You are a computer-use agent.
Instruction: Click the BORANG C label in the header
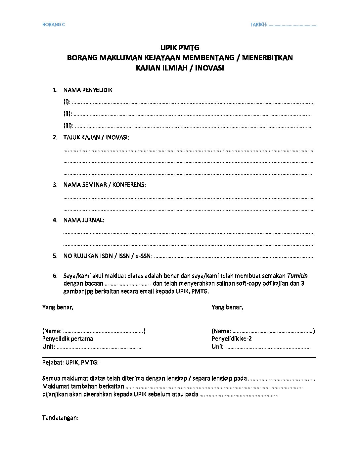(54, 24)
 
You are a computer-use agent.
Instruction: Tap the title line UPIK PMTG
(180, 48)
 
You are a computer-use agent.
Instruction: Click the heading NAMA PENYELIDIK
(88, 90)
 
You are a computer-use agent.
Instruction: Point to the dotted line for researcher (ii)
(192, 114)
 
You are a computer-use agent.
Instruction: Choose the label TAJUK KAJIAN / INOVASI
(96, 137)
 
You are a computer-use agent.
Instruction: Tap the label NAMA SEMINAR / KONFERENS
(104, 185)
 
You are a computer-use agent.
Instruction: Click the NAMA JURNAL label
(83, 220)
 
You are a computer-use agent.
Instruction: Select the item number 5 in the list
(55, 256)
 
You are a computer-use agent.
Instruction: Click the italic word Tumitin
(297, 276)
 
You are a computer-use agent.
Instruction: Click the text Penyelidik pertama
(67, 339)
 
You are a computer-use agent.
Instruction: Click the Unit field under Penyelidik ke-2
(268, 347)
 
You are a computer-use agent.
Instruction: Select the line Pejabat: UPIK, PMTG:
(70, 362)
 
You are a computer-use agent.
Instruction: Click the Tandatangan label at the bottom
(60, 418)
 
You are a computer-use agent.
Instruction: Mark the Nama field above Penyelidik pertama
(103, 331)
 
